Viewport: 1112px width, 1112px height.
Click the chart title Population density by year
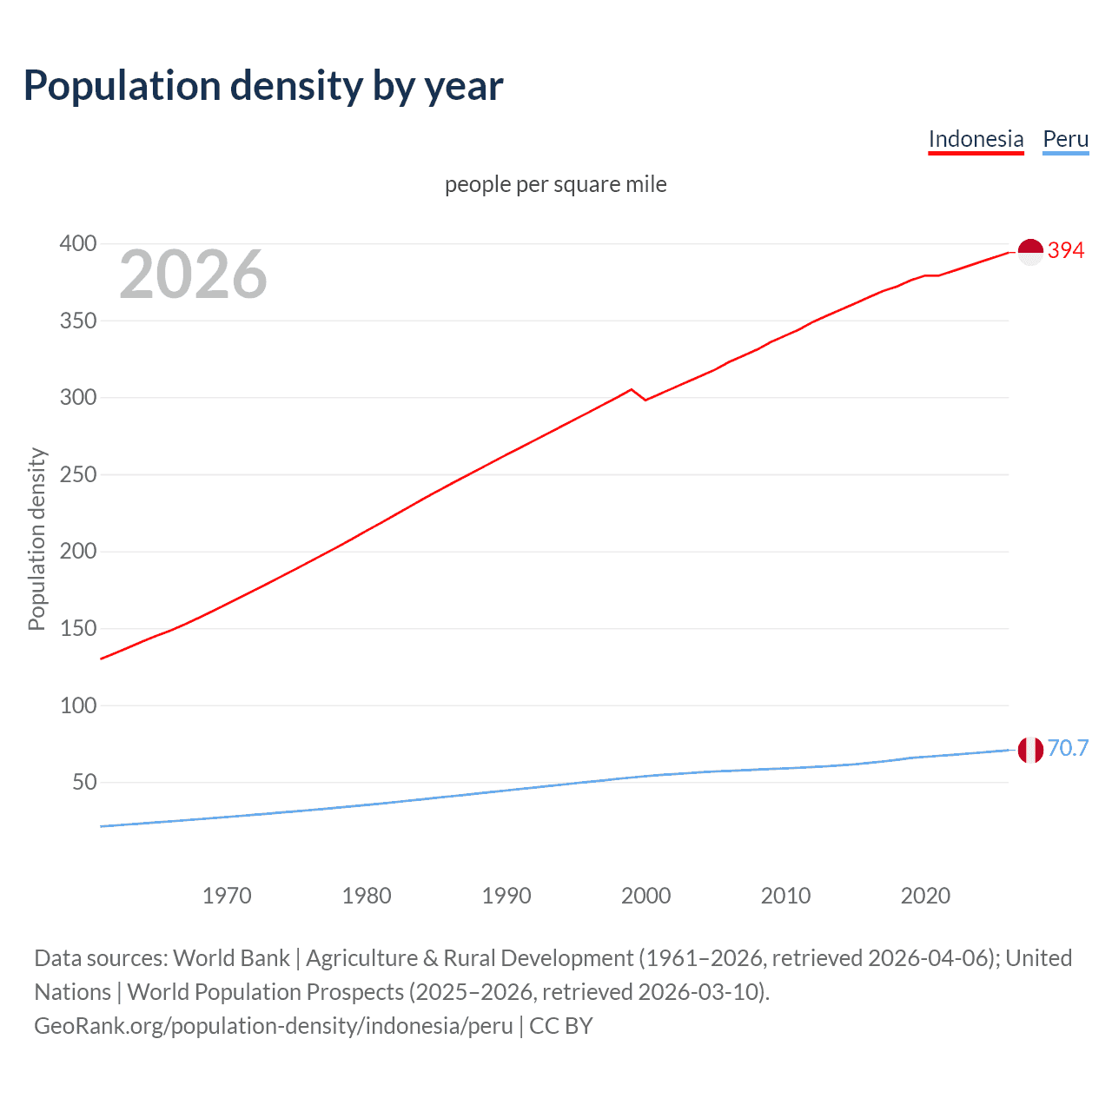tap(263, 86)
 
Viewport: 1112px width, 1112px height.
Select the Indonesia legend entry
tap(976, 139)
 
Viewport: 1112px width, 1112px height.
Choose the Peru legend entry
tap(1065, 139)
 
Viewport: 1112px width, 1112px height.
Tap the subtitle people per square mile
tap(555, 184)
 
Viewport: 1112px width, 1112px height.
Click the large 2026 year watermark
tap(193, 275)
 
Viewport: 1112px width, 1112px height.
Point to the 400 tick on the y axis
tap(78, 243)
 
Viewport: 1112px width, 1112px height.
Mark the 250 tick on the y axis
tap(78, 474)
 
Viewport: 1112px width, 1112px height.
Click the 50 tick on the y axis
tap(84, 782)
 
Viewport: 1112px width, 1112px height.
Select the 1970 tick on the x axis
tap(227, 896)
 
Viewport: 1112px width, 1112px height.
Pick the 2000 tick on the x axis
tap(645, 896)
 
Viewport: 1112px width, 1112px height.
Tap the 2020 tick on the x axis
tap(925, 896)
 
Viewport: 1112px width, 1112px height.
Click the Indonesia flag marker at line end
tap(1030, 252)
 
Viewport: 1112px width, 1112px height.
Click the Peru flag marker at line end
tap(1030, 749)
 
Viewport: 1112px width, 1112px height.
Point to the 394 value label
tap(1066, 250)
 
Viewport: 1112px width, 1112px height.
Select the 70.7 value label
tap(1068, 748)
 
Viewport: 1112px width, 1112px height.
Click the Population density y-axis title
tap(36, 539)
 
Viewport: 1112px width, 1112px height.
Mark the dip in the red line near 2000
tap(645, 400)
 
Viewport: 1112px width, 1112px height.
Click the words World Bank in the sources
tap(231, 957)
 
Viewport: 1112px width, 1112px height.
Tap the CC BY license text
tap(561, 1025)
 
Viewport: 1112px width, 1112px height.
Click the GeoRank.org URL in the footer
tap(274, 1025)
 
